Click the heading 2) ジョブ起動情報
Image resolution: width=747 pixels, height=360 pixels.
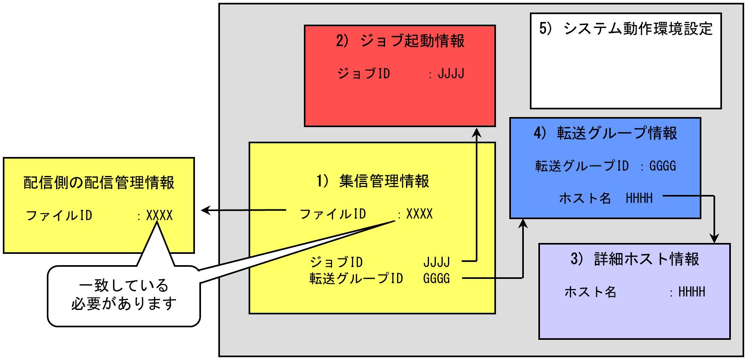[400, 41]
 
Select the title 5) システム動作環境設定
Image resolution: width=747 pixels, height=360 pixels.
[626, 29]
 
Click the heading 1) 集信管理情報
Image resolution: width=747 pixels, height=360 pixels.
[372, 181]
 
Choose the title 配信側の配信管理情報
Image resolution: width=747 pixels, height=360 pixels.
[99, 183]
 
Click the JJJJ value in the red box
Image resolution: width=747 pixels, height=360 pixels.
[451, 74]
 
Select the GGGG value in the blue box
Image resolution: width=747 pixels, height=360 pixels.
[662, 166]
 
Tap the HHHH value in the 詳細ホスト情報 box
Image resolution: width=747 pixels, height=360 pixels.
[692, 292]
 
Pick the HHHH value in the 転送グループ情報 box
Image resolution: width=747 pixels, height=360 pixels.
[639, 198]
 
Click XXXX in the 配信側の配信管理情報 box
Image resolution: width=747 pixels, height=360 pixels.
[159, 216]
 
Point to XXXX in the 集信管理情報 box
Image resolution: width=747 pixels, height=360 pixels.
[419, 214]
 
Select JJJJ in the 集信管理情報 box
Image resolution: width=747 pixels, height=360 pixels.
[436, 262]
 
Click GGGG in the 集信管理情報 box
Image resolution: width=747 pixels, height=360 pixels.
[436, 278]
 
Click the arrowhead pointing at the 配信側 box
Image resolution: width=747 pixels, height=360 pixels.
[206, 210]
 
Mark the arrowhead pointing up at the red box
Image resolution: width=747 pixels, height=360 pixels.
[477, 134]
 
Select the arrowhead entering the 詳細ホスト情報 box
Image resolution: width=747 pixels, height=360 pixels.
[715, 239]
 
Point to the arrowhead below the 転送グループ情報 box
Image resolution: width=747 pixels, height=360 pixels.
[523, 224]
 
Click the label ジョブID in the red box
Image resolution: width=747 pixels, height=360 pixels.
[364, 74]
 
